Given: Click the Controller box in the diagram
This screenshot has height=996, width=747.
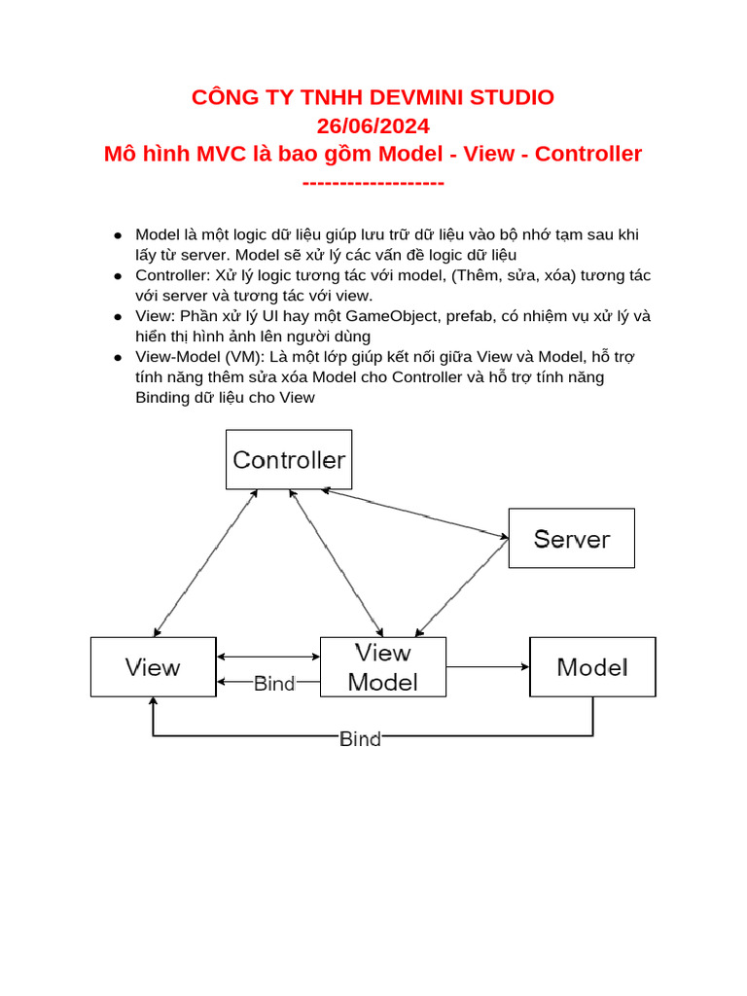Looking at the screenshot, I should tap(289, 459).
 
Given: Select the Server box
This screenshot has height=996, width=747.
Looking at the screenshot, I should tap(572, 538).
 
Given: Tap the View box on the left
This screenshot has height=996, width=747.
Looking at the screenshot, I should tap(153, 667).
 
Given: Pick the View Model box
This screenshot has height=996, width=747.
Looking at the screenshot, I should tap(383, 667).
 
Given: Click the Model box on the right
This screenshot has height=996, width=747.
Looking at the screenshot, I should tap(591, 667).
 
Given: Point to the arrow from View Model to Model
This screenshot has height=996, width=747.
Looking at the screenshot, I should tap(487, 667).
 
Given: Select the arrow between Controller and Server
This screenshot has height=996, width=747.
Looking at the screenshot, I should tap(416, 513).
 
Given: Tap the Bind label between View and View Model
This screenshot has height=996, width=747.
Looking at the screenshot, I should tap(274, 684).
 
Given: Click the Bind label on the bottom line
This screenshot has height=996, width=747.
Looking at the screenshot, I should tap(360, 739).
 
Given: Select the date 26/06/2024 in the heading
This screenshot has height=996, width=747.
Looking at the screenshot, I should tap(373, 125).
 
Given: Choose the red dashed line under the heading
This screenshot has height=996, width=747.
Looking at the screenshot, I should tap(373, 183).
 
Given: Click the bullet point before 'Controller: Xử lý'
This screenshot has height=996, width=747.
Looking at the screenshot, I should tap(117, 276).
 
